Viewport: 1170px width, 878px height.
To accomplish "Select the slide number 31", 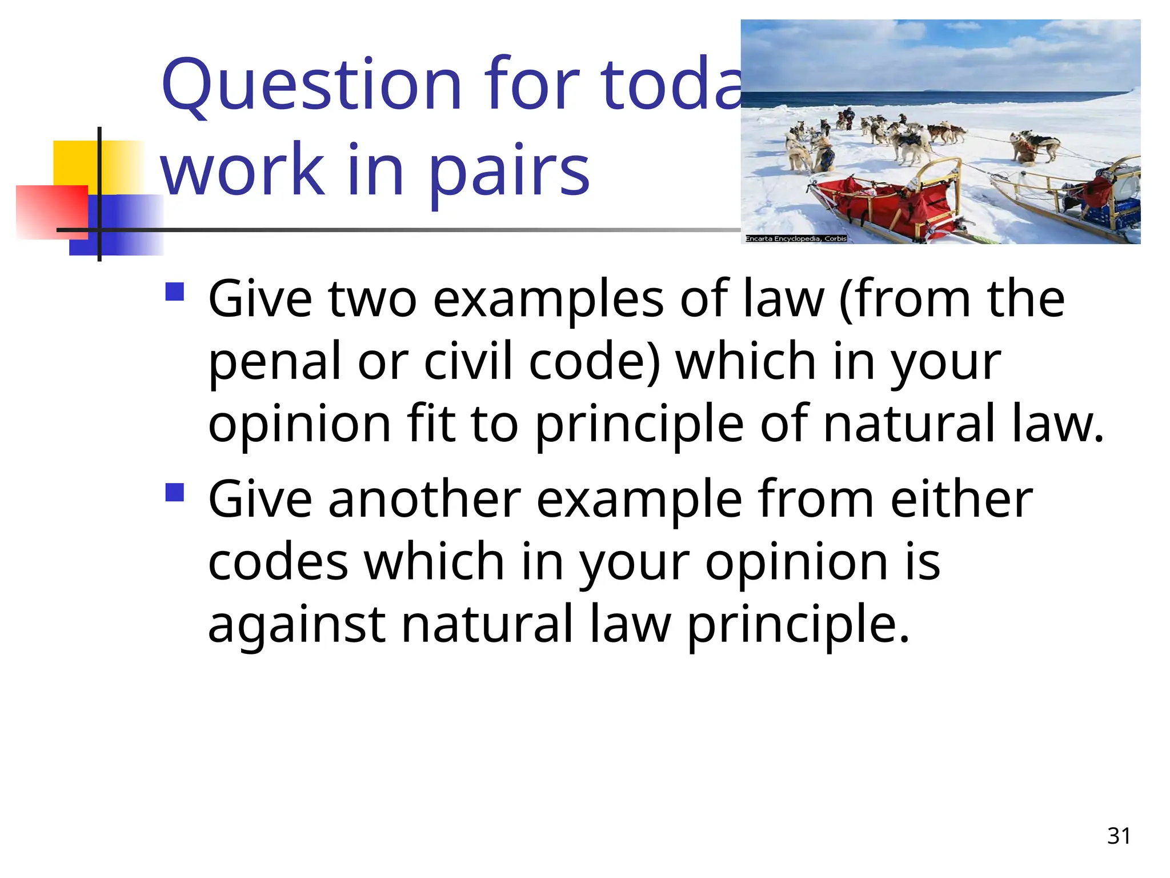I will point(1119,836).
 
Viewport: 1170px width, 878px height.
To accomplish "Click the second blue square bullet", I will point(175,492).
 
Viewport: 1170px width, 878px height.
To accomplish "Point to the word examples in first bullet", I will point(548,300).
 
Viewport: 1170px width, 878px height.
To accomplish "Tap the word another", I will point(424,500).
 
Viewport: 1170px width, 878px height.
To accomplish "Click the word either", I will point(961,500).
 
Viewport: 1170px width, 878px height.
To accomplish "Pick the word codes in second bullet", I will point(278,562).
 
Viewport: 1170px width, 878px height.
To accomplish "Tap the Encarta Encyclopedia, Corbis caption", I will point(796,238).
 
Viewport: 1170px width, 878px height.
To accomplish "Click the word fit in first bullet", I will point(430,424).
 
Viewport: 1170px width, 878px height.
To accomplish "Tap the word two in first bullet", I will point(372,300).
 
